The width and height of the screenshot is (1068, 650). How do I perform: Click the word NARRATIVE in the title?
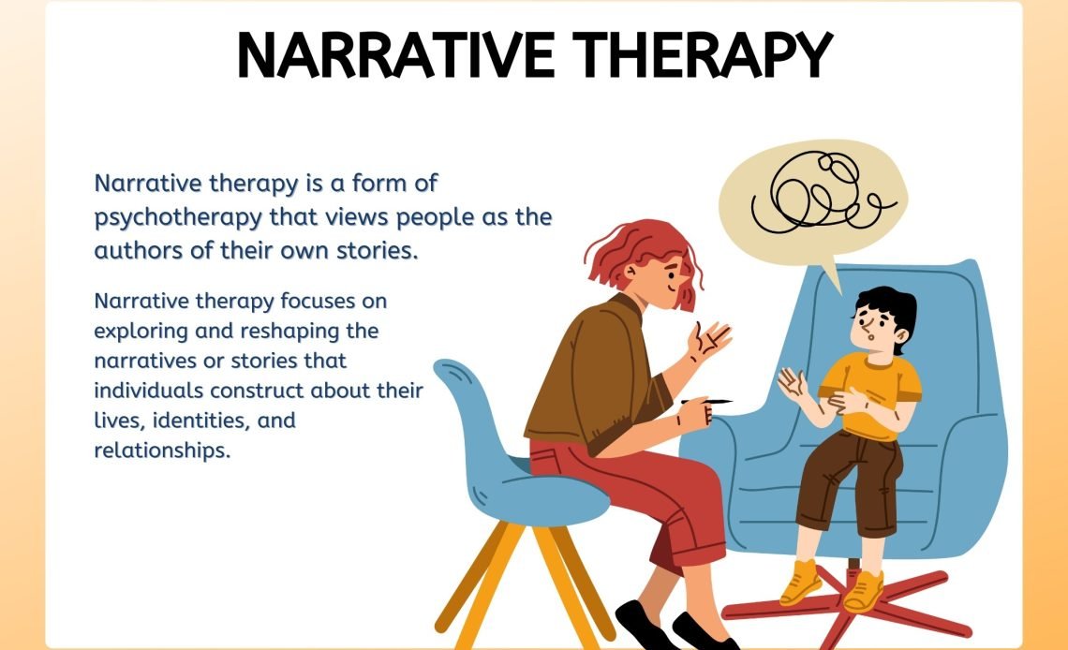click(395, 55)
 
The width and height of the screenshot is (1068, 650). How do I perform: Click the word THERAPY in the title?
click(703, 55)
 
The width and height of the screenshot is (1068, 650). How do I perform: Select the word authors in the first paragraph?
click(139, 250)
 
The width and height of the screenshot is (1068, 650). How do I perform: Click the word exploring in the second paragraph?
click(141, 332)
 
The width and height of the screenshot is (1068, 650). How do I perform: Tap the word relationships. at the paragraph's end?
click(162, 451)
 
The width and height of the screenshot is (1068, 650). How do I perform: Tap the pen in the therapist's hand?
click(707, 402)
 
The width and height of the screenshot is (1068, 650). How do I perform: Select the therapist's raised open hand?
click(707, 339)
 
